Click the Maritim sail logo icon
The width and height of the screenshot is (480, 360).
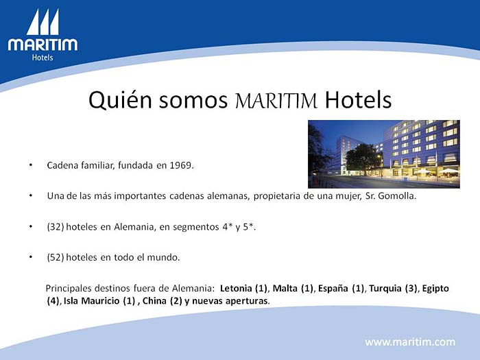point(43,22)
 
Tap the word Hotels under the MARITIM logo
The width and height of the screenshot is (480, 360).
point(43,58)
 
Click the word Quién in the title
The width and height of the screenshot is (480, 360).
point(120,100)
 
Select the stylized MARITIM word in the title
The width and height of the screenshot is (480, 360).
point(276,101)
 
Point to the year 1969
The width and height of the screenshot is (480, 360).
point(182,165)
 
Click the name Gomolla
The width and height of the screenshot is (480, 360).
point(397,195)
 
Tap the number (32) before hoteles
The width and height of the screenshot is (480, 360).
point(56,227)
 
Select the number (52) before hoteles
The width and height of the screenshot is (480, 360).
point(56,257)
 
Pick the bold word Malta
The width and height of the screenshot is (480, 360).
point(285,289)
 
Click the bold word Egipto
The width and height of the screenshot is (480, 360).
point(435,289)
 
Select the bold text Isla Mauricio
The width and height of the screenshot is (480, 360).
point(91,301)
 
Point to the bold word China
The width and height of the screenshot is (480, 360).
point(154,301)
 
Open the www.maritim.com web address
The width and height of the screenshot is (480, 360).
point(410,342)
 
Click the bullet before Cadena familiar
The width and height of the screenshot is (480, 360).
point(31,165)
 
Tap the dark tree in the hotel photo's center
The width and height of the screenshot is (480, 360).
point(363,158)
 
